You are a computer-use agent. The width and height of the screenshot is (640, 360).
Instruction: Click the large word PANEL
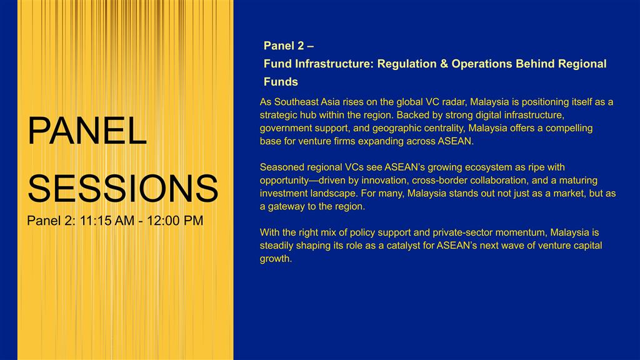[87, 131]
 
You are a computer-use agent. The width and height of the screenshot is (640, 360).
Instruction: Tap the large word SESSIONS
[123, 188]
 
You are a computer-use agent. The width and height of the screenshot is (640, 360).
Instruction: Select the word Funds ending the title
[281, 82]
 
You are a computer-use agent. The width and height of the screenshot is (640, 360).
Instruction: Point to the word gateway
[285, 207]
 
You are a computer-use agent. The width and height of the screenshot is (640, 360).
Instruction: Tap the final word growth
[276, 259]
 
